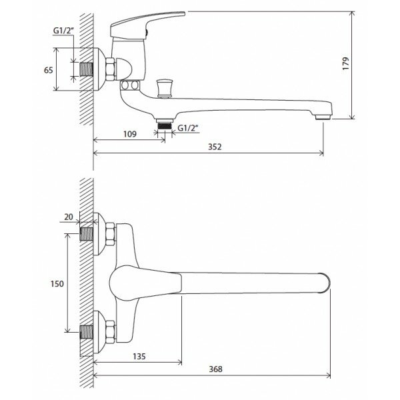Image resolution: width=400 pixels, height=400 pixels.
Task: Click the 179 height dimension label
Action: [345, 63]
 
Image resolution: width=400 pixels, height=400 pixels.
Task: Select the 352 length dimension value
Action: [215, 147]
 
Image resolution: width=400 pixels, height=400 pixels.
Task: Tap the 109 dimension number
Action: [130, 134]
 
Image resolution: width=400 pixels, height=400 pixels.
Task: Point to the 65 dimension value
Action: [49, 70]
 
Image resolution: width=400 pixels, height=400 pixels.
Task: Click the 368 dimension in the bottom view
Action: [215, 369]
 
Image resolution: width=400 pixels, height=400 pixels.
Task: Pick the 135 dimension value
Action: [139, 357]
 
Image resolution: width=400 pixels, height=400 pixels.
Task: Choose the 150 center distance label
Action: [57, 284]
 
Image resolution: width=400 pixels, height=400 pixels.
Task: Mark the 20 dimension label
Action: [69, 217]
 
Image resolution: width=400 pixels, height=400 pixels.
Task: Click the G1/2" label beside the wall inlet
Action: [63, 31]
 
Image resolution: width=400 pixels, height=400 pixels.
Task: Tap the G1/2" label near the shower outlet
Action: [188, 128]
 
